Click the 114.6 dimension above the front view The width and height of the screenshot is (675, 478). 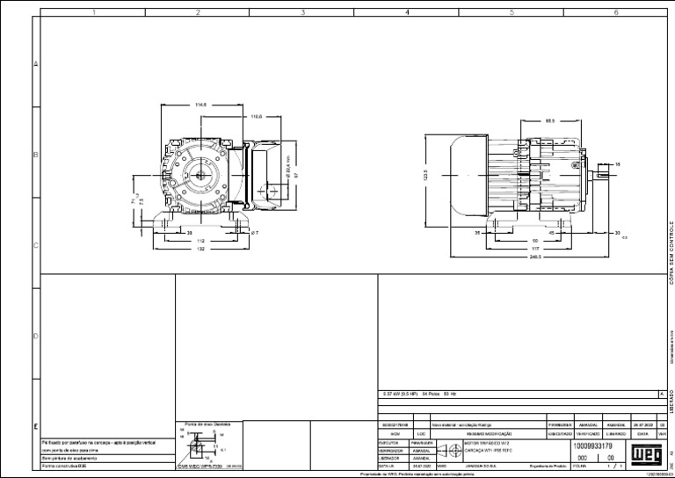pos(200,105)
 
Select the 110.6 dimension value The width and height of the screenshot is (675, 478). pos(257,116)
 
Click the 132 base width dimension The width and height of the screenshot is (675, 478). pos(200,250)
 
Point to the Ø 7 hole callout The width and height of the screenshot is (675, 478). pos(254,233)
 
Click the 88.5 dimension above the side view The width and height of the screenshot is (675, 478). pos(549,120)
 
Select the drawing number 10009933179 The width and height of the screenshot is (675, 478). pos(599,446)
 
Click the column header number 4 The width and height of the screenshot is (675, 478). pos(407,12)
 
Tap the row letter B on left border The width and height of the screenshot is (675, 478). pos(36,155)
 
